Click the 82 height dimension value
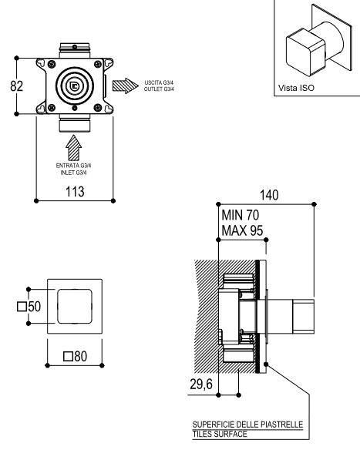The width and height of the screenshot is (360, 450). [16, 86]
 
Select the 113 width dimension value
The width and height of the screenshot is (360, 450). [75, 191]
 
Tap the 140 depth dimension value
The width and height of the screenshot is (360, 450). [269, 195]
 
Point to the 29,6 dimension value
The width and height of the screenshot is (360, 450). [201, 384]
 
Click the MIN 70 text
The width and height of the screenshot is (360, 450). [241, 215]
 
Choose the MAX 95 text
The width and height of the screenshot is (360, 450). [242, 230]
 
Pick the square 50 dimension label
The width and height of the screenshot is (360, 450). [29, 307]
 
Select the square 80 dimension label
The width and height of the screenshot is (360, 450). [76, 356]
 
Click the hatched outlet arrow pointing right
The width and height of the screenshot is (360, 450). [126, 86]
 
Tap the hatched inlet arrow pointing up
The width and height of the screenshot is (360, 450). [74, 148]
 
